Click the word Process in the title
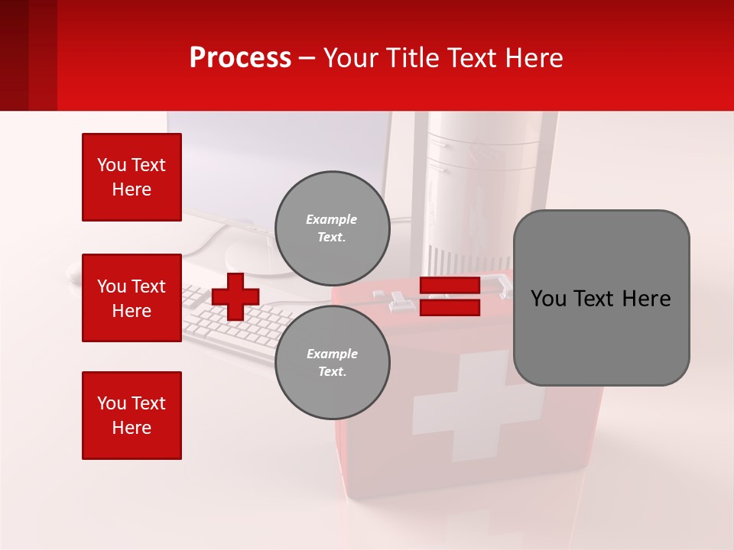click(x=240, y=58)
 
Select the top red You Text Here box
click(x=132, y=177)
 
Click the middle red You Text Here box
click(x=132, y=298)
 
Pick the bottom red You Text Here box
click(x=132, y=415)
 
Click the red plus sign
click(x=235, y=296)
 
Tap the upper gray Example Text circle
click(x=332, y=228)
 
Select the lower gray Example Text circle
click(x=332, y=363)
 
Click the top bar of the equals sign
click(x=450, y=286)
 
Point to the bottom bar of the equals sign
click(x=450, y=307)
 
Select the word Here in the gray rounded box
click(x=646, y=299)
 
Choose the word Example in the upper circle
click(x=332, y=220)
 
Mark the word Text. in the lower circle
click(x=332, y=372)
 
